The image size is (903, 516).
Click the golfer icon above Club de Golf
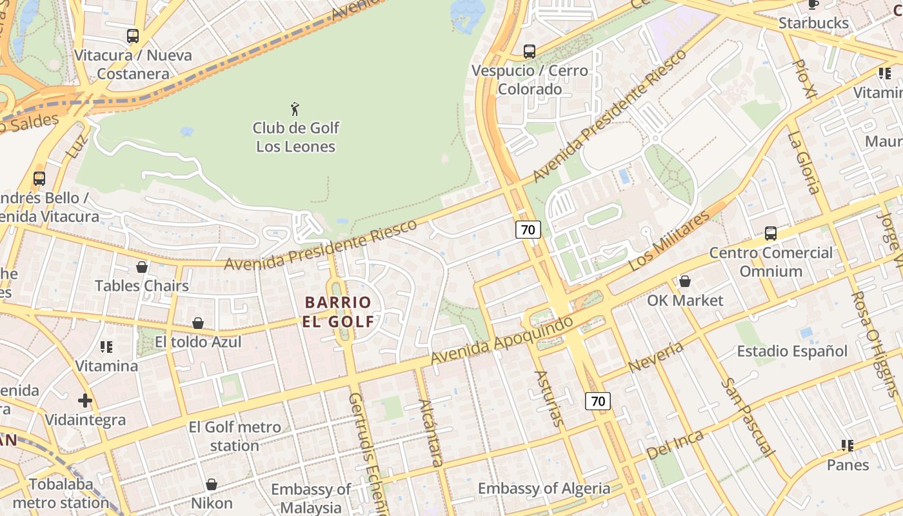[x=295, y=109]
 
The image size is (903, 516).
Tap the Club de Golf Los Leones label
[x=295, y=137]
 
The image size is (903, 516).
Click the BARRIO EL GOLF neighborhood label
[x=338, y=312]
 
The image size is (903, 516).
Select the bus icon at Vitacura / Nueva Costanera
[x=133, y=36]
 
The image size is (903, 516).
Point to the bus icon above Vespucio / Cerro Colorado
[x=530, y=52]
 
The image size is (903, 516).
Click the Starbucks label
[x=813, y=23]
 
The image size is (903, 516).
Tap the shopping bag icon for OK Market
[x=684, y=281]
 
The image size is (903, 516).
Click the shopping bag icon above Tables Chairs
[x=142, y=267]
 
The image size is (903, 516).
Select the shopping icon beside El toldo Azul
[x=198, y=323]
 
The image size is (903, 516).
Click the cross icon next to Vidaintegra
[x=85, y=401]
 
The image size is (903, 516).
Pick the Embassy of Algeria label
[x=544, y=488]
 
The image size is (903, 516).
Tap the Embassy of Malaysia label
[x=311, y=498]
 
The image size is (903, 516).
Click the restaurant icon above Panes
[x=848, y=446]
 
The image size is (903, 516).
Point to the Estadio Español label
[x=792, y=352]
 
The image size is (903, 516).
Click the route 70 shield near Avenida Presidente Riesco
[x=528, y=229]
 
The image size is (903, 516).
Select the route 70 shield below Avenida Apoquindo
[x=598, y=401]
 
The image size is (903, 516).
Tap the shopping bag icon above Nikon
[x=212, y=484]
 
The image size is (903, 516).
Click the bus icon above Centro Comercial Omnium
[x=770, y=233]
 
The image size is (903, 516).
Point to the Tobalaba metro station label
[x=61, y=493]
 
